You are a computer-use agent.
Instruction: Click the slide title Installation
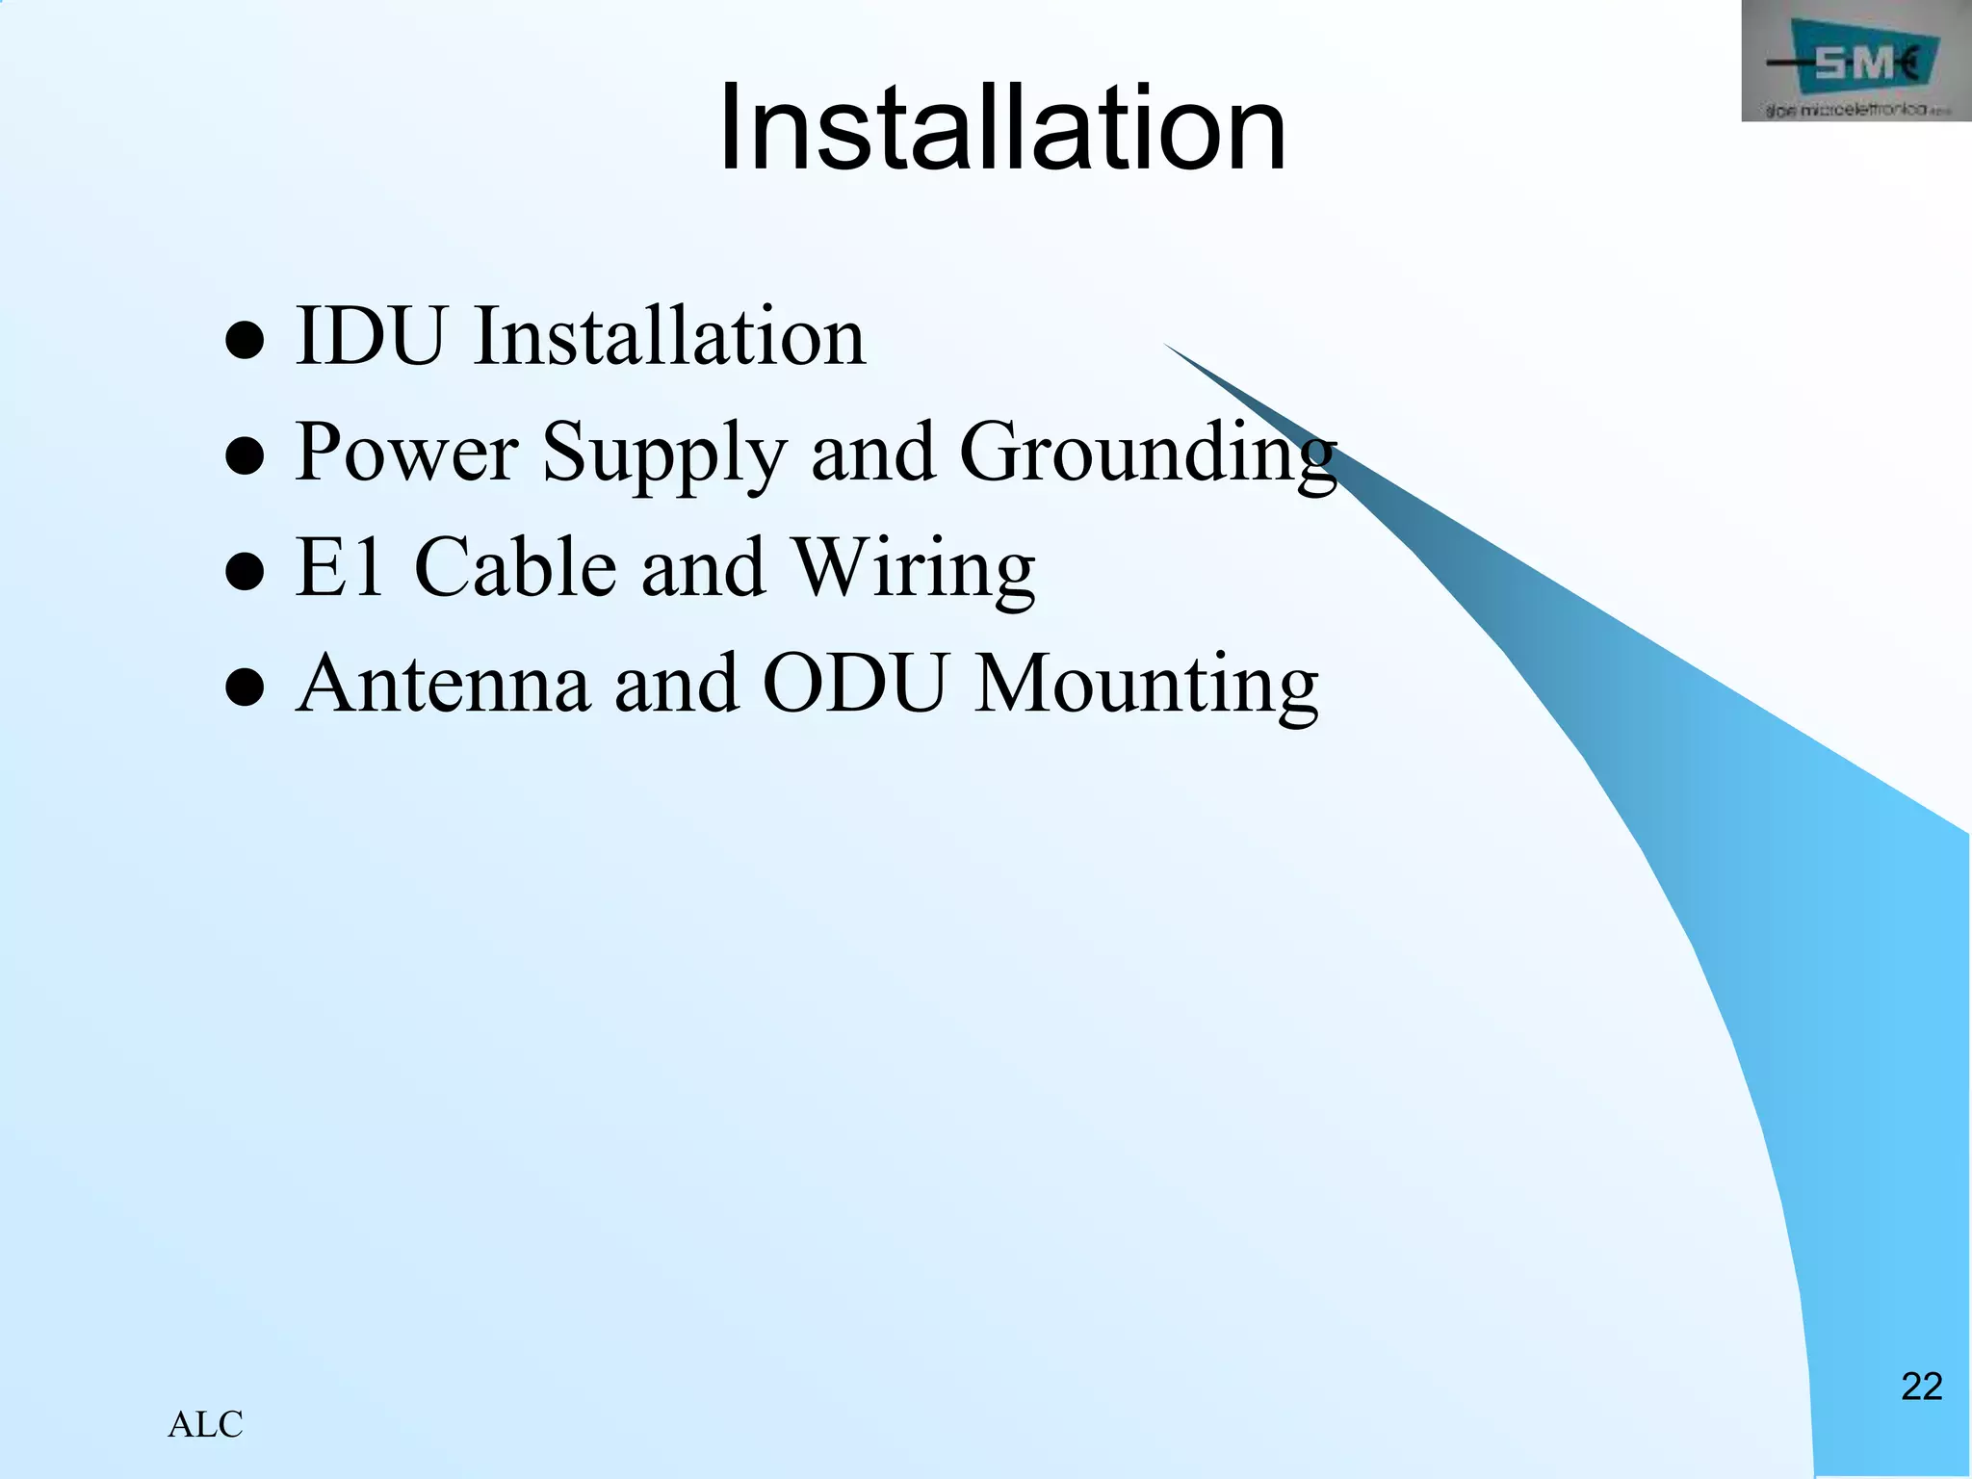click(1001, 128)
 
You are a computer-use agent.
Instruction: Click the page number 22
click(1921, 1387)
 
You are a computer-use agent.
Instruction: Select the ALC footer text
click(205, 1425)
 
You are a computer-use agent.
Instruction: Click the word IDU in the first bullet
click(372, 336)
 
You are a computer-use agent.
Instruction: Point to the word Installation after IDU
click(669, 336)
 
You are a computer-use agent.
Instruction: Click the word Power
click(406, 452)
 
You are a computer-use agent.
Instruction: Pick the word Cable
click(514, 568)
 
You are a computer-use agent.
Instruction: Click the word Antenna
click(443, 684)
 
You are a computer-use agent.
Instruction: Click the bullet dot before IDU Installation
click(245, 341)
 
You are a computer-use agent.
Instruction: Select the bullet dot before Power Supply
click(245, 457)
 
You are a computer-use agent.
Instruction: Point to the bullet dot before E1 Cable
click(245, 573)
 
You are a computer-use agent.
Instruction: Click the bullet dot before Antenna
click(245, 689)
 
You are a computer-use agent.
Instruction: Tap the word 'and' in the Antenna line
click(676, 684)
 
